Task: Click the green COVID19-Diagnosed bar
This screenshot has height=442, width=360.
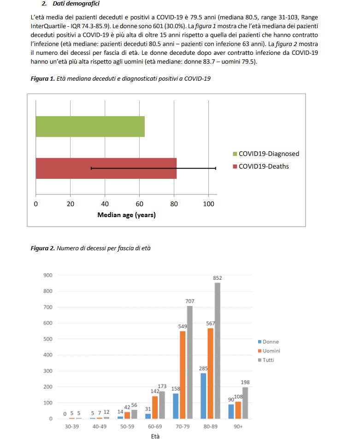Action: [90, 127]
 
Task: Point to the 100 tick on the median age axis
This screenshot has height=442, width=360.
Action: [208, 204]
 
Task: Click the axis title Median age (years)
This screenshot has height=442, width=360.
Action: [126, 215]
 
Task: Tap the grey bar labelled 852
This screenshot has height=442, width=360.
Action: [218, 350]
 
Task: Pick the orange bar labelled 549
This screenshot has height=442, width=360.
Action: [182, 375]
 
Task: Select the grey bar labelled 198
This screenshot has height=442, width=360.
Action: [245, 403]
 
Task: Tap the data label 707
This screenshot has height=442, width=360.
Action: [189, 301]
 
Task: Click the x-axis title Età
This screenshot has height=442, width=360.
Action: [155, 436]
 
